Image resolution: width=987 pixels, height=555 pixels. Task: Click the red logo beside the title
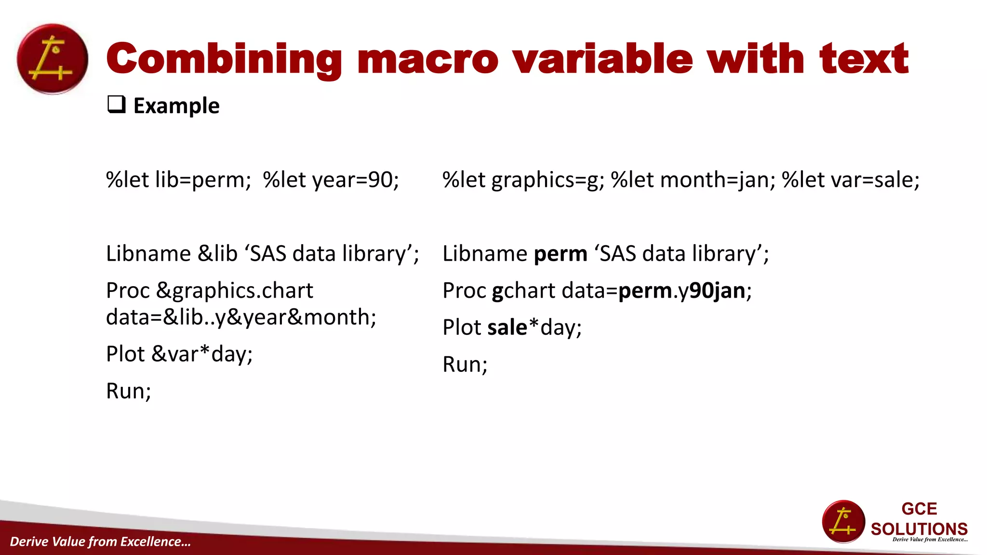[x=53, y=59]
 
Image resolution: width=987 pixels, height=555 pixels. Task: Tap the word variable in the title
[x=602, y=59]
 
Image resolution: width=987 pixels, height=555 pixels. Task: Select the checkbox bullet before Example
[x=116, y=105]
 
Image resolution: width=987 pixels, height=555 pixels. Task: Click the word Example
[x=176, y=106]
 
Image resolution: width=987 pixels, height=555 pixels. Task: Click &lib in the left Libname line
[x=218, y=254]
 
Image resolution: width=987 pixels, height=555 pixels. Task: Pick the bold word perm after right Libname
[x=560, y=254]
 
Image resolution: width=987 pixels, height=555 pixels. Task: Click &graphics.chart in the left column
[x=235, y=291]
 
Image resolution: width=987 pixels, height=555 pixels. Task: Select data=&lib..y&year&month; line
[x=241, y=317]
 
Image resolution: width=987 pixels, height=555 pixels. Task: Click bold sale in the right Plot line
[x=507, y=328]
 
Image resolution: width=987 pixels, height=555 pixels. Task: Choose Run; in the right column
[x=465, y=365]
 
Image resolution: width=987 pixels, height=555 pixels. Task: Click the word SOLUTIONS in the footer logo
[x=919, y=529]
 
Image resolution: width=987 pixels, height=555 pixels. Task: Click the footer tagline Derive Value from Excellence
[x=100, y=542]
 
